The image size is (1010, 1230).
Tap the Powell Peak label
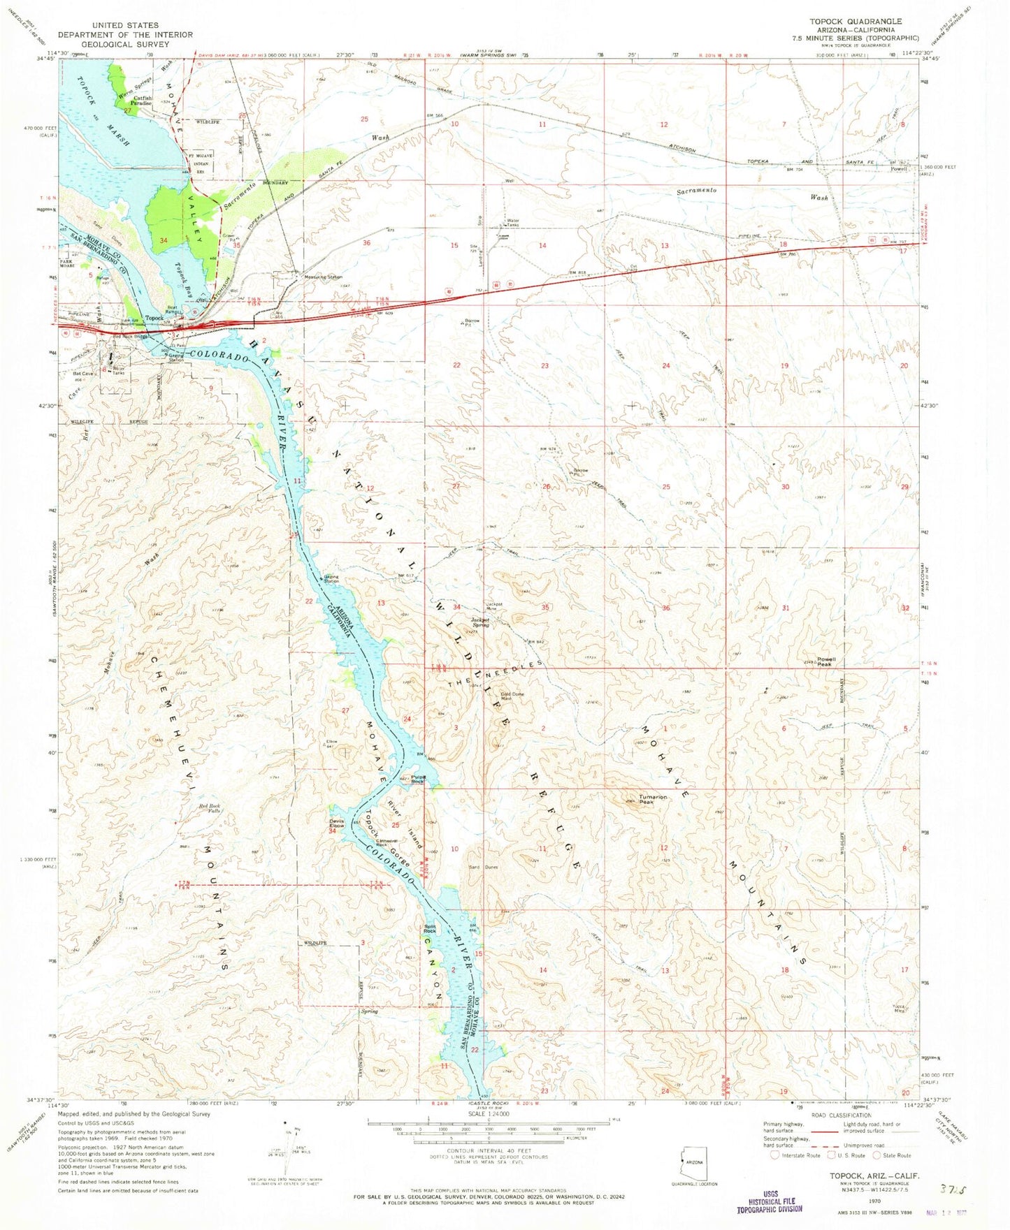(x=825, y=661)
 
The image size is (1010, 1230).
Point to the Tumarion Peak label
(x=647, y=800)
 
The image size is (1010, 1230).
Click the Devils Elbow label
(x=336, y=824)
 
